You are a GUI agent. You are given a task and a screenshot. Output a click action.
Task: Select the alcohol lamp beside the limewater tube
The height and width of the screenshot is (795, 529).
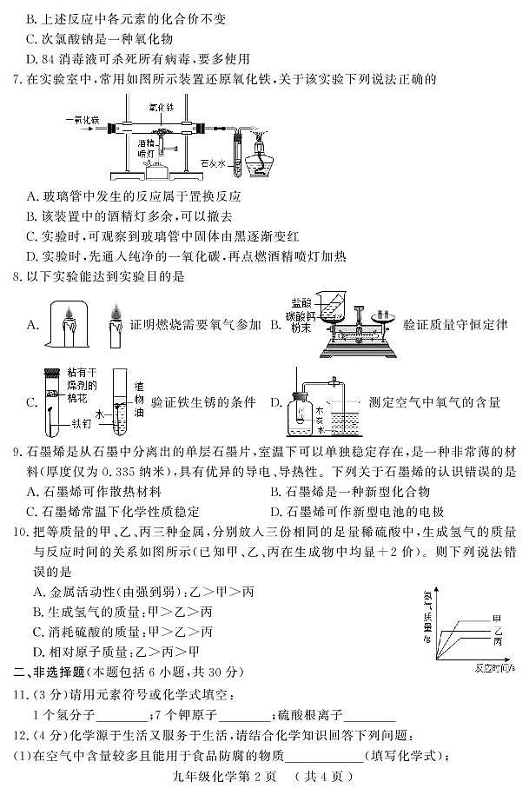point(256,154)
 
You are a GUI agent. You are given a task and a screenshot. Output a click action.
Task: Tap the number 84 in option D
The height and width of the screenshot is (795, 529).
point(49,59)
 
